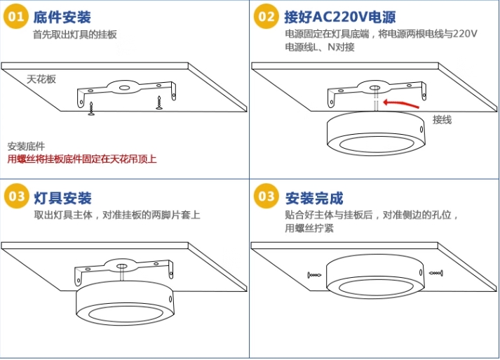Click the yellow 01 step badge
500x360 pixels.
(x=15, y=16)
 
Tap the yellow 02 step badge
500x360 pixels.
(x=266, y=16)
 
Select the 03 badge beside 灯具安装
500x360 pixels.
(x=16, y=196)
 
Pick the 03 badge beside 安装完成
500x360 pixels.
(x=266, y=196)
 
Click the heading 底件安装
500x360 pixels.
(x=62, y=17)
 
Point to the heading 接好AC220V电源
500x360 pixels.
(x=340, y=17)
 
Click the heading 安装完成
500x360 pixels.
(x=314, y=198)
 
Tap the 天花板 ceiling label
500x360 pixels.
(x=41, y=79)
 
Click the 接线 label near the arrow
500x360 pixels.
(x=442, y=120)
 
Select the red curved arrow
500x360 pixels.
(x=400, y=103)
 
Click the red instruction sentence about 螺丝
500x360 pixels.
(x=82, y=159)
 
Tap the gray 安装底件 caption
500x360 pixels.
(x=26, y=147)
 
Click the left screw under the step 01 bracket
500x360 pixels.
(x=91, y=109)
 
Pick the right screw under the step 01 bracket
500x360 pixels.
(x=159, y=102)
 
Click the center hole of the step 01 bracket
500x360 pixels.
(x=123, y=88)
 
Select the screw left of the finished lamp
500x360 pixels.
(x=314, y=275)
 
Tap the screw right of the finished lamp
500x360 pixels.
(x=436, y=273)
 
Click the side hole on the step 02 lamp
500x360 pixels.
(x=421, y=130)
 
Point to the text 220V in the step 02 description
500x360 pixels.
(x=465, y=34)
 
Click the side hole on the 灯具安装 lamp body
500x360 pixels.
(x=170, y=300)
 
